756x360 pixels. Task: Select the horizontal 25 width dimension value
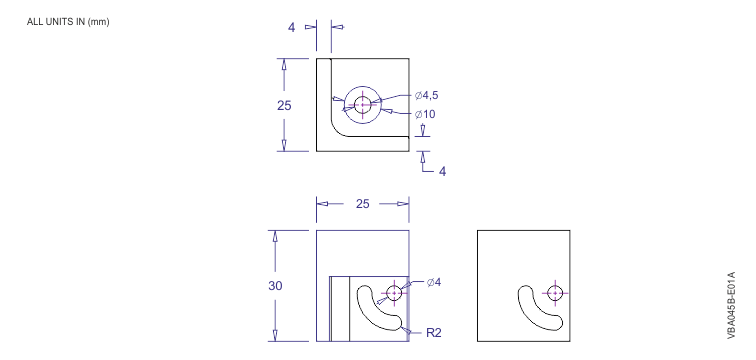tap(362, 203)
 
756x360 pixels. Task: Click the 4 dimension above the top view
tap(292, 29)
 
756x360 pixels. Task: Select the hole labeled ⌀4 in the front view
tap(393, 292)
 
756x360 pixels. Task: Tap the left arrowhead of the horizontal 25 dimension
tap(322, 203)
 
